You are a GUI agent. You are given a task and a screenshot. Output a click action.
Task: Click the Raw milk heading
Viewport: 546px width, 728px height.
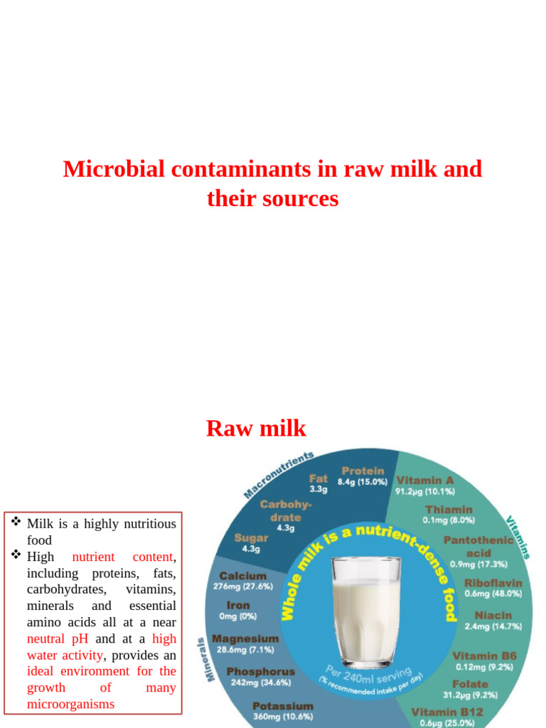click(256, 429)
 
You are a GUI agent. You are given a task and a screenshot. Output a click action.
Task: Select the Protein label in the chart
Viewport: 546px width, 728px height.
click(363, 471)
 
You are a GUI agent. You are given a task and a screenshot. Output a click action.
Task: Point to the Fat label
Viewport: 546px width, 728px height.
click(318, 478)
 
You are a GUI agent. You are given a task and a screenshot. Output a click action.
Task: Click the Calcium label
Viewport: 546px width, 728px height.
click(243, 576)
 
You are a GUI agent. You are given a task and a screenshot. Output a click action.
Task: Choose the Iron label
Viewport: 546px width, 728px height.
click(238, 606)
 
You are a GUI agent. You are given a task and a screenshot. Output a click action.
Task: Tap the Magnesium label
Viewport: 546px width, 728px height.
click(245, 638)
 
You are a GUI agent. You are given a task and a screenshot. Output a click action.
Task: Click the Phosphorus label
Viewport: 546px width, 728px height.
click(260, 671)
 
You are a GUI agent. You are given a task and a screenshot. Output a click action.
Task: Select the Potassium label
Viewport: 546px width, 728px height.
click(282, 706)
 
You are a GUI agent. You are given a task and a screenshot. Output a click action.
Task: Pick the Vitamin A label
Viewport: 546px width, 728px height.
click(425, 480)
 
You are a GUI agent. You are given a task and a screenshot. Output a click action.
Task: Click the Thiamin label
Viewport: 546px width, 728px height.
click(449, 509)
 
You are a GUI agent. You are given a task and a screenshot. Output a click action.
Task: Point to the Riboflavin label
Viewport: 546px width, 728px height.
click(493, 583)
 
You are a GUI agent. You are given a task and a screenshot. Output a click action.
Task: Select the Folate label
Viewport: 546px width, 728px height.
click(470, 684)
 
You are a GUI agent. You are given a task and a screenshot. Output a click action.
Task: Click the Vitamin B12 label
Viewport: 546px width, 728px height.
click(446, 712)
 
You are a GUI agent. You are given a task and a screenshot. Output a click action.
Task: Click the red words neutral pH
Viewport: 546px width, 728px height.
click(55, 638)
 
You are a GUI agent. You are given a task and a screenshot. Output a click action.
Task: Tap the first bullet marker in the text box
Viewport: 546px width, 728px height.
click(16, 523)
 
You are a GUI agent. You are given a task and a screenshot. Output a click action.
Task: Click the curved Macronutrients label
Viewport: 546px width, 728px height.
click(278, 474)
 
